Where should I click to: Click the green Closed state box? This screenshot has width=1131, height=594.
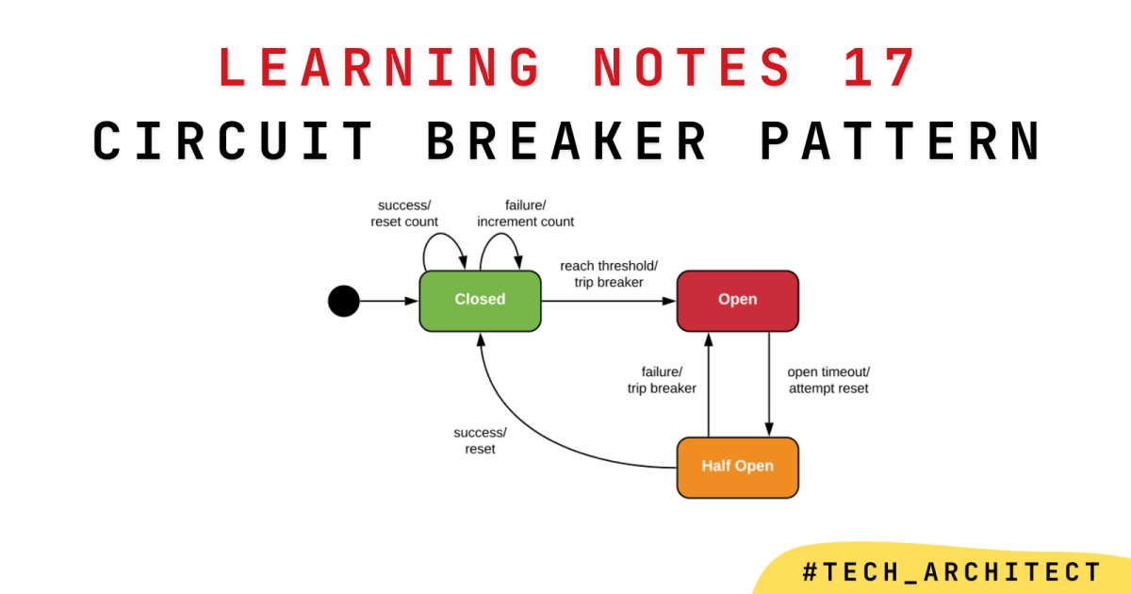tap(481, 300)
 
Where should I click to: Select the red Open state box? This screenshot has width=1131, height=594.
tap(737, 300)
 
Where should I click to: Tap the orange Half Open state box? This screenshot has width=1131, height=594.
tap(737, 467)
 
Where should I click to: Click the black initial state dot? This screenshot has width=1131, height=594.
tap(344, 301)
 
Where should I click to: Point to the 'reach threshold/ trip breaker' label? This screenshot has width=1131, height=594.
tap(609, 273)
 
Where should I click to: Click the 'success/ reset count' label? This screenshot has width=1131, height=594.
tap(408, 213)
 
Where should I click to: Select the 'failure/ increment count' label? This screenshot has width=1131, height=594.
tap(526, 213)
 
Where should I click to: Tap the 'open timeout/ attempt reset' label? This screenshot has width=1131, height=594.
tap(828, 379)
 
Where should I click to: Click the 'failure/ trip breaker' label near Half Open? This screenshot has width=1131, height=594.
tap(662, 379)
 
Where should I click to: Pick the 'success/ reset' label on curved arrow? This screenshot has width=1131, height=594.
tap(481, 440)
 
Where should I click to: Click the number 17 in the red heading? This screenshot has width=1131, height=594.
tap(878, 68)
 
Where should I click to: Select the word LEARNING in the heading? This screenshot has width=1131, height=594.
tap(381, 68)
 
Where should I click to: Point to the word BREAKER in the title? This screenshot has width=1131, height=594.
tap(567, 141)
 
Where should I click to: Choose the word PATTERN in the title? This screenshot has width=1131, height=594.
tap(900, 141)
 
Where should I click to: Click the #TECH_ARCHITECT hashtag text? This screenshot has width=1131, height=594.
tap(951, 571)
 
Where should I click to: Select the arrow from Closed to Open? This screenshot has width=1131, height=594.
tap(609, 301)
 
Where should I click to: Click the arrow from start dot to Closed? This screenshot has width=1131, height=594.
tap(388, 301)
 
